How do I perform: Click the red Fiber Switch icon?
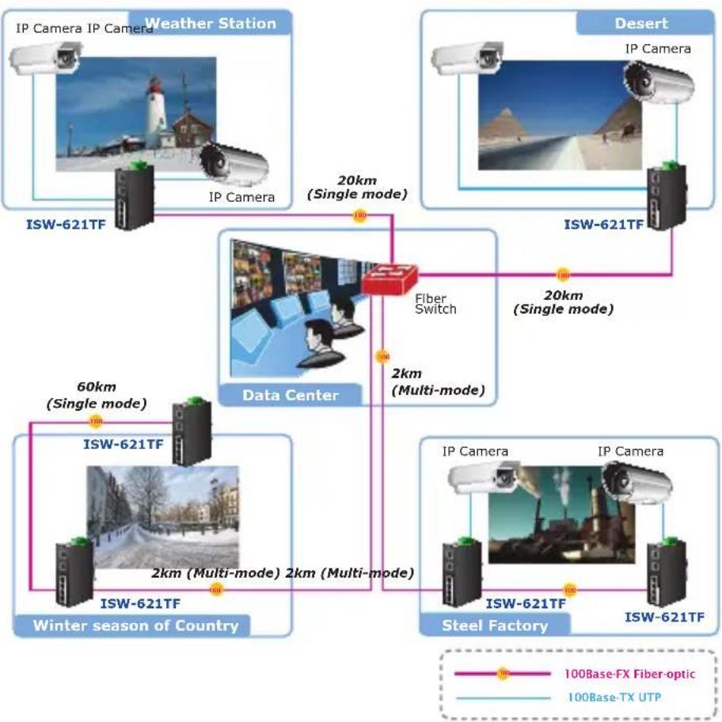click(x=389, y=279)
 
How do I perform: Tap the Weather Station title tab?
click(x=210, y=23)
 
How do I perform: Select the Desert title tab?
click(x=644, y=23)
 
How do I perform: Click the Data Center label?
click(x=290, y=395)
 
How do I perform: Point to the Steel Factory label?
click(x=495, y=625)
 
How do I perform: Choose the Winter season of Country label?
click(x=135, y=625)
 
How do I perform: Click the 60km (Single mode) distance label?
click(x=97, y=395)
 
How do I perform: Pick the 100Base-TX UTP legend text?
click(x=614, y=697)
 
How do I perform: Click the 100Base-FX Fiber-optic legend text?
click(x=629, y=674)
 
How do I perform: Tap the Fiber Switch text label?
click(x=435, y=304)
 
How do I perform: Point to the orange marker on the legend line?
click(x=503, y=674)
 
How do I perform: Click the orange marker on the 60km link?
click(x=95, y=421)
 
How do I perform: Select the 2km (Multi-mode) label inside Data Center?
click(x=438, y=382)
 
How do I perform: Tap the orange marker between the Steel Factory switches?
click(x=569, y=590)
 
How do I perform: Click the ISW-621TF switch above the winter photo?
click(x=192, y=431)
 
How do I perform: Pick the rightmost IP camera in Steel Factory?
click(x=637, y=483)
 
